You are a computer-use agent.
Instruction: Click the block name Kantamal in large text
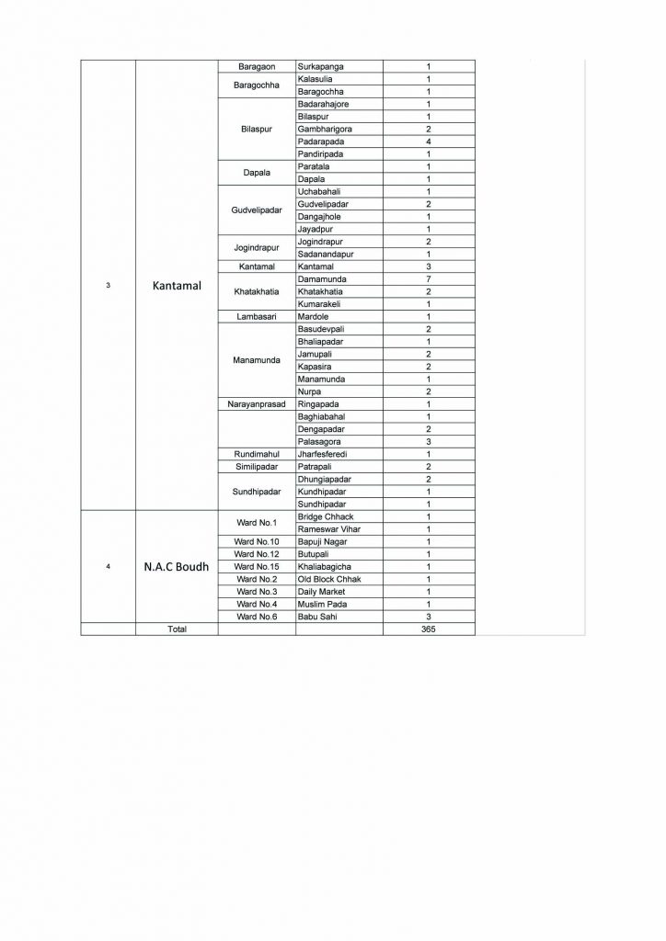click(x=177, y=285)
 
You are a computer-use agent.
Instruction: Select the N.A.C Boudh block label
click(x=177, y=566)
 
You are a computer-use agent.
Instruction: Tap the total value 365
click(x=428, y=629)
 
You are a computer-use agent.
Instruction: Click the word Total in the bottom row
click(x=177, y=629)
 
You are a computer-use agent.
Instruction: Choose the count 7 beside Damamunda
click(x=428, y=278)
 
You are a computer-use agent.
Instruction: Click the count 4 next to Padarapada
click(x=428, y=142)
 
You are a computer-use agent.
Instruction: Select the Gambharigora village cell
click(x=326, y=130)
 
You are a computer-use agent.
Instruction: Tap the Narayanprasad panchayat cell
click(x=258, y=403)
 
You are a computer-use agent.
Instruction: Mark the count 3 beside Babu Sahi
click(x=428, y=617)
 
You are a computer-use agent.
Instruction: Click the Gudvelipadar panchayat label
click(x=258, y=210)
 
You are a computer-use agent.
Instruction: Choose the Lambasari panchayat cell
click(x=258, y=316)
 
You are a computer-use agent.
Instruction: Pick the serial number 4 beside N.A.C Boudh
click(x=109, y=566)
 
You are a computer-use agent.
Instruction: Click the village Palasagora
click(x=322, y=441)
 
